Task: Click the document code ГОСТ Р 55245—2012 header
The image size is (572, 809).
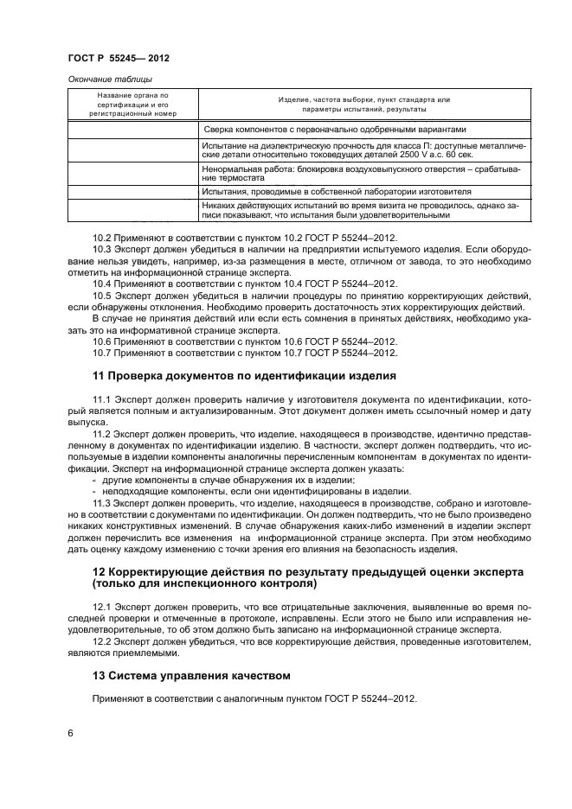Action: tap(118, 58)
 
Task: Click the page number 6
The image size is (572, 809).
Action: tap(69, 733)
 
